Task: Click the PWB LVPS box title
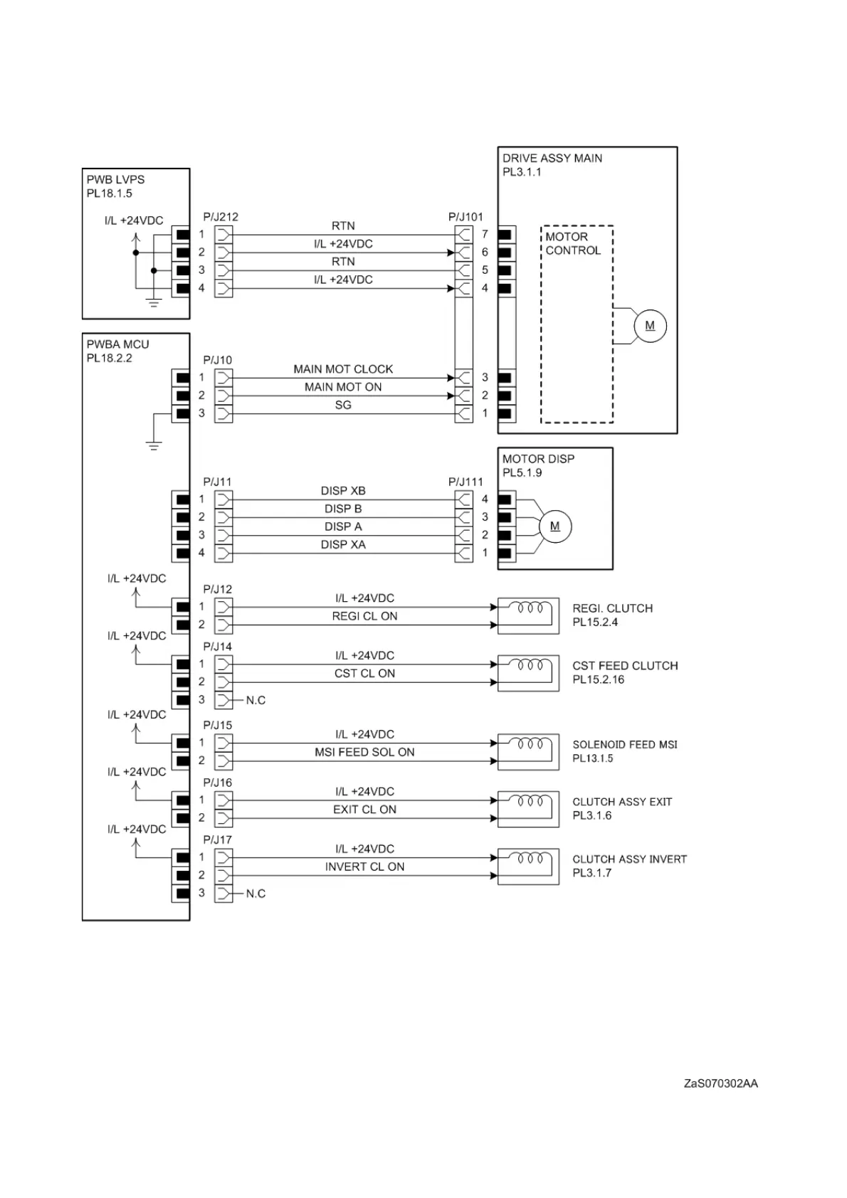pyautogui.click(x=115, y=180)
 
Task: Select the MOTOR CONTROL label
pyautogui.click(x=573, y=243)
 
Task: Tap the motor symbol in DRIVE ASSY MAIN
pyautogui.click(x=650, y=326)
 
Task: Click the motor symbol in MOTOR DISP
pyautogui.click(x=555, y=526)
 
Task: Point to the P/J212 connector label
pyautogui.click(x=221, y=217)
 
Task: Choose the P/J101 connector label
pyautogui.click(x=465, y=217)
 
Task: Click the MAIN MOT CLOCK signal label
pyautogui.click(x=343, y=369)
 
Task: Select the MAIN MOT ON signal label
pyautogui.click(x=343, y=387)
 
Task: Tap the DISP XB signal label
pyautogui.click(x=343, y=491)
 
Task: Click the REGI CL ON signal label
pyautogui.click(x=364, y=616)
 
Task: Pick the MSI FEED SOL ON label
pyautogui.click(x=364, y=752)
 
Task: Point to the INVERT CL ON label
pyautogui.click(x=364, y=866)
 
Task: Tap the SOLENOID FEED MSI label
pyautogui.click(x=625, y=745)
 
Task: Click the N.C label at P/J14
pyautogui.click(x=256, y=701)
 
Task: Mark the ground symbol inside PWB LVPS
pyautogui.click(x=154, y=302)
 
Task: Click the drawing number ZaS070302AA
pyautogui.click(x=720, y=1083)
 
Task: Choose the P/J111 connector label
pyautogui.click(x=465, y=482)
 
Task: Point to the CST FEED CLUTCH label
pyautogui.click(x=625, y=666)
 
